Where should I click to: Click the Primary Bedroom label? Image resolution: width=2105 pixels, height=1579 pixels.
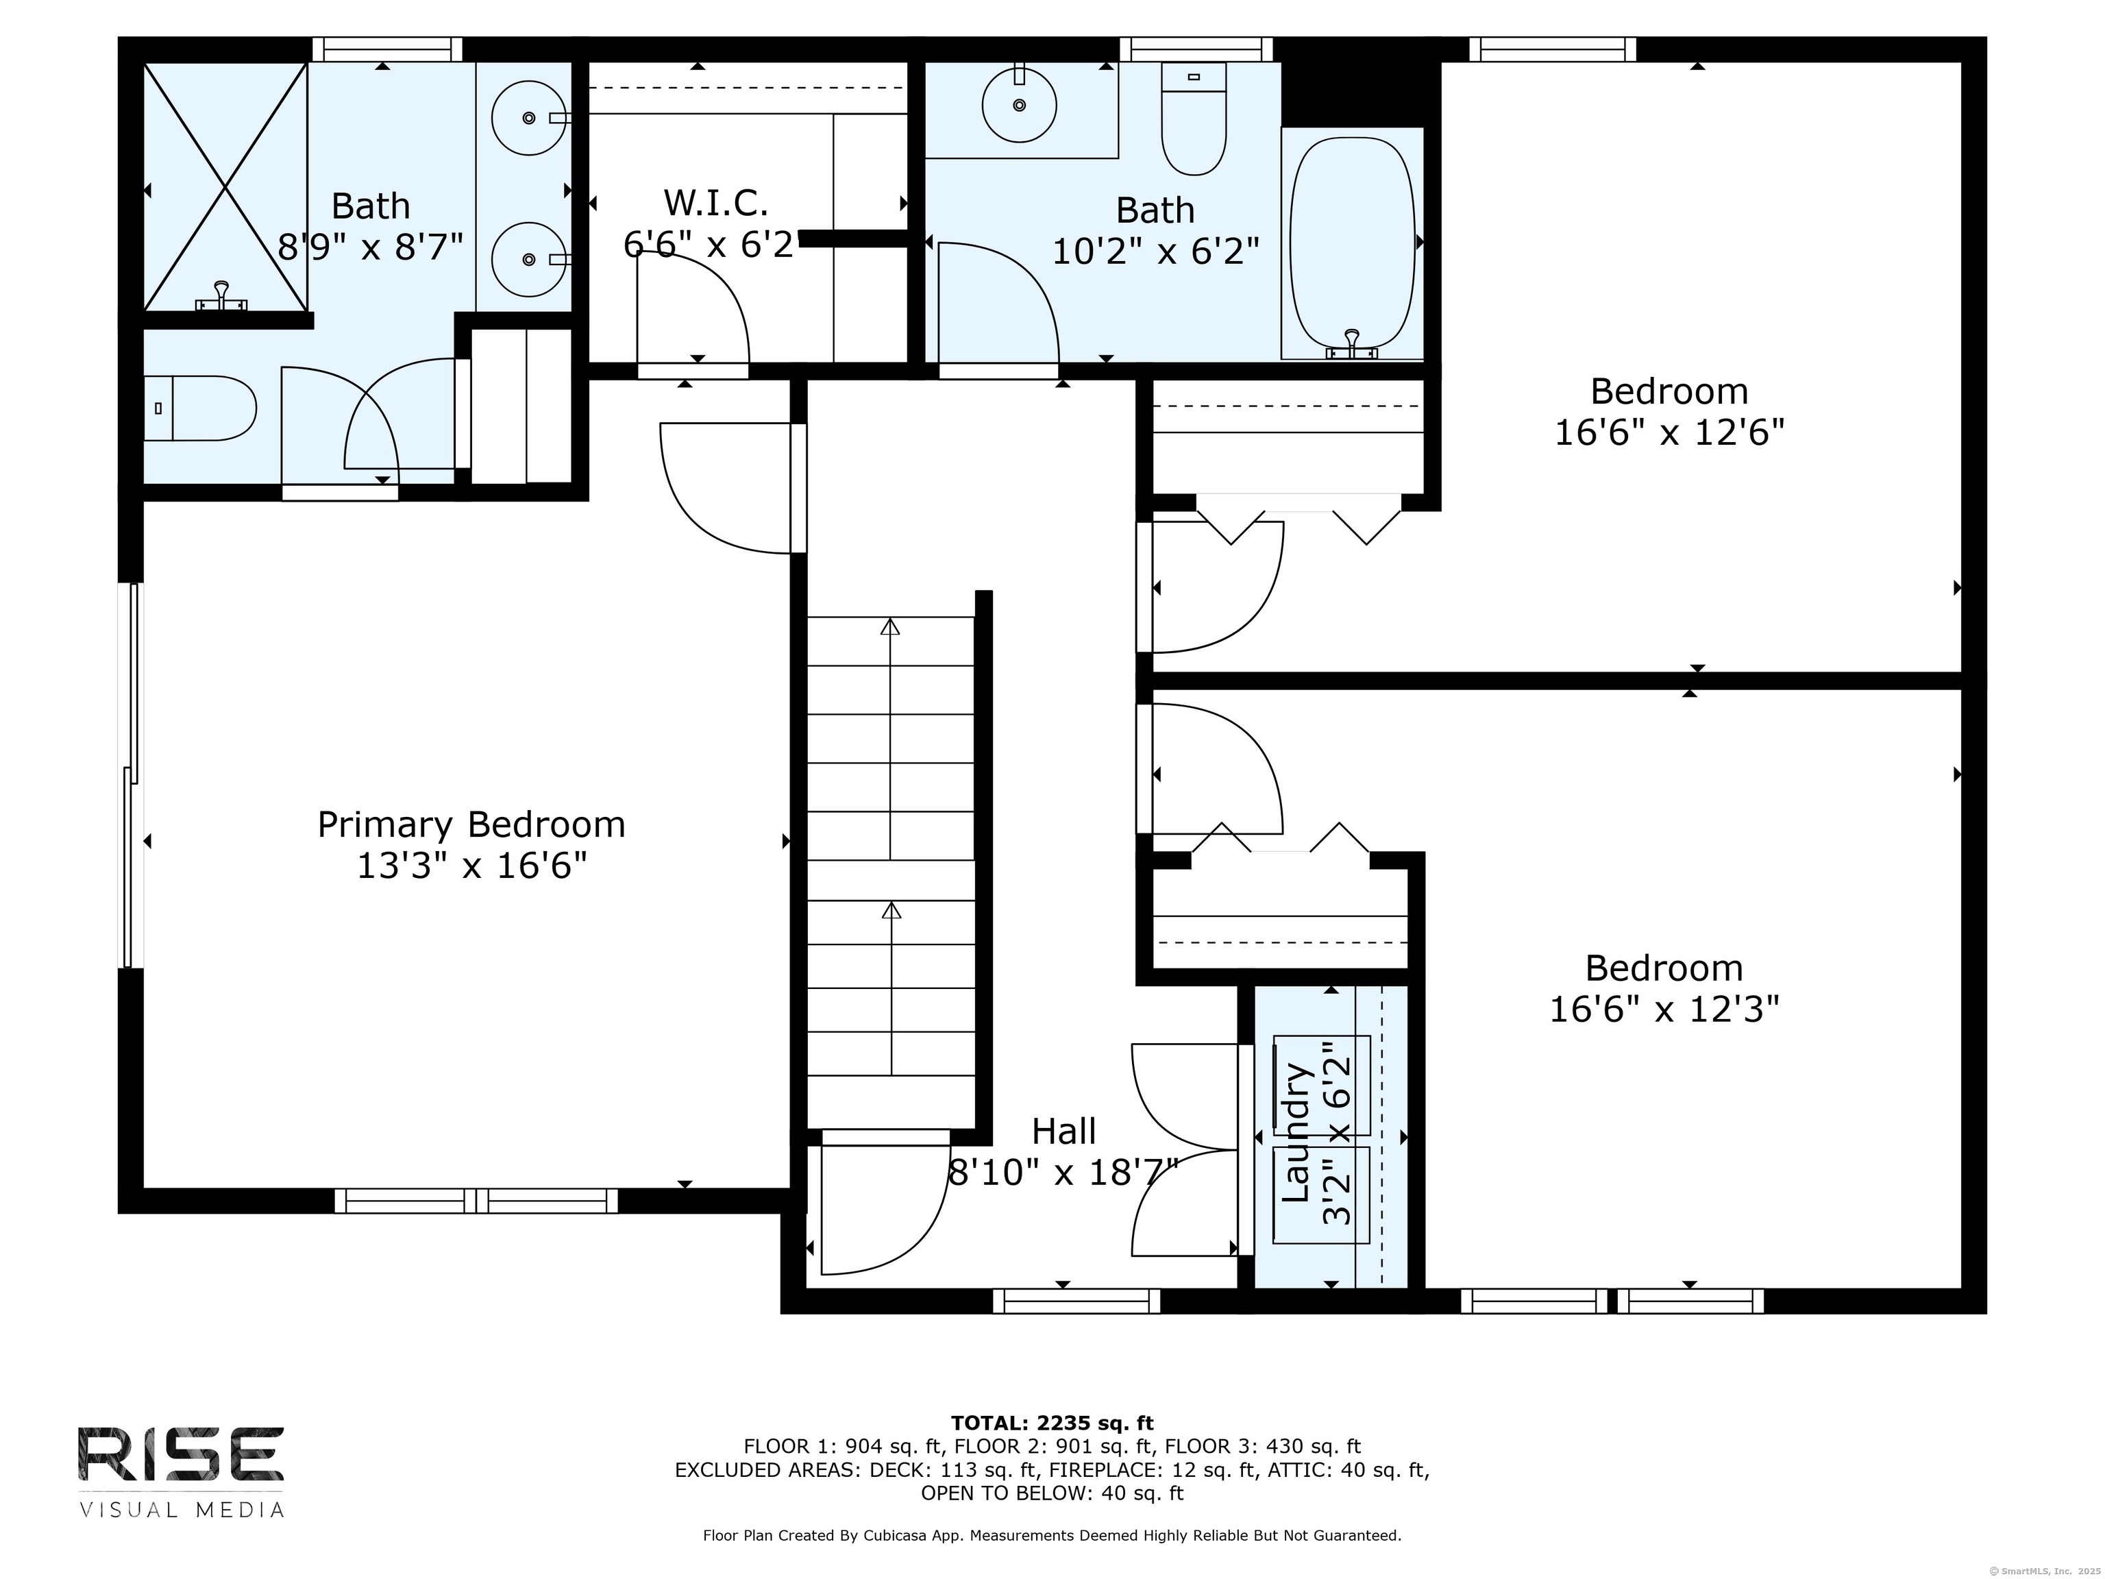pyautogui.click(x=471, y=824)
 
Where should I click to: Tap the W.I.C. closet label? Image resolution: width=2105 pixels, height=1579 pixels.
pyautogui.click(x=715, y=203)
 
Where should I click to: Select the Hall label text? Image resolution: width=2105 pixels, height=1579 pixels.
pyautogui.click(x=1064, y=1131)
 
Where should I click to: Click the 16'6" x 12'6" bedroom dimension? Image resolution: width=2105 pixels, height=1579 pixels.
pyautogui.click(x=1669, y=433)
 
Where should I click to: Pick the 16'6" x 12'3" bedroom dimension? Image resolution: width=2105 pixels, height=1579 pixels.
pyautogui.click(x=1664, y=1009)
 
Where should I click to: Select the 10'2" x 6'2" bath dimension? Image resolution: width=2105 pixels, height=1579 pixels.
pyautogui.click(x=1155, y=252)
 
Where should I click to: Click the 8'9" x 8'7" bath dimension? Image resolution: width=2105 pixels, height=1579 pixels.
pyautogui.click(x=370, y=247)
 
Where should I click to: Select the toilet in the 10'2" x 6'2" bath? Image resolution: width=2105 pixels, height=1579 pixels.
pyautogui.click(x=1194, y=119)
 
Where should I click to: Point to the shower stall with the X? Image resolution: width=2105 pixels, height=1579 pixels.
pyautogui.click(x=225, y=186)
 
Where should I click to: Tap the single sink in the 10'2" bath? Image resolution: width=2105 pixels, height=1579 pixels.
pyautogui.click(x=1019, y=103)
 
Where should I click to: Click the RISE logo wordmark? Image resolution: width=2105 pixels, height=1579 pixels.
pyautogui.click(x=181, y=1454)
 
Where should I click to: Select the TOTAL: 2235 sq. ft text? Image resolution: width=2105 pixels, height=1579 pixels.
pyautogui.click(x=1052, y=1423)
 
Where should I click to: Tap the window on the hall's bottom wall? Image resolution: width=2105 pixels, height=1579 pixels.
pyautogui.click(x=1077, y=1301)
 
